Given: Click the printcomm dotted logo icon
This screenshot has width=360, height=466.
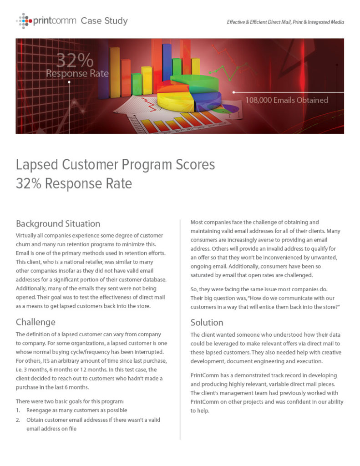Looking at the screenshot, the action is pos(24,20).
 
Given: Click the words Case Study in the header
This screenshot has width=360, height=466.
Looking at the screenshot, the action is pos(104,21).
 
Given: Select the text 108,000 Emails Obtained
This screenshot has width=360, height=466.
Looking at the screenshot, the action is pos(286,100).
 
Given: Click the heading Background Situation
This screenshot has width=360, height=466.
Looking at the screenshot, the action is pos(58,223).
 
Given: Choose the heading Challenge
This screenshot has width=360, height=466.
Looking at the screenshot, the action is pos(35,322).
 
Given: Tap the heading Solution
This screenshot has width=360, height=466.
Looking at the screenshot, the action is pos(207,323).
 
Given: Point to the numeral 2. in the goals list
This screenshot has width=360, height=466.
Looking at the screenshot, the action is pos(18,420).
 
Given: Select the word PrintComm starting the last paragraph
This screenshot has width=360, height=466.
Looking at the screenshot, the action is pos(206,375).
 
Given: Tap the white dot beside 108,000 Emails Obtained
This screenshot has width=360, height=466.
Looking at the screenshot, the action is pos(233,92).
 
